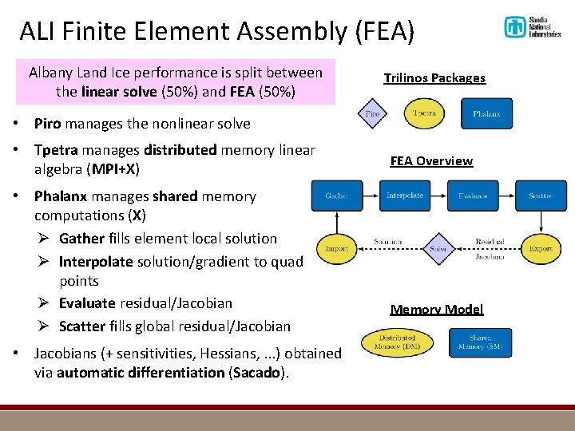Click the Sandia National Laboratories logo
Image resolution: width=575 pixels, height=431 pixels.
532,27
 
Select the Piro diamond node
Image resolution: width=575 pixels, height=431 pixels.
372,113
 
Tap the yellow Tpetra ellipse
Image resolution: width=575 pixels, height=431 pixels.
424,113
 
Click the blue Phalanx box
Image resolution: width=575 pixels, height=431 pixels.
486,113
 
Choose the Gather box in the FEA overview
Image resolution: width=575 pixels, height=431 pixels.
337,196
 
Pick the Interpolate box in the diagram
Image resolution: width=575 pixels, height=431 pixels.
404,196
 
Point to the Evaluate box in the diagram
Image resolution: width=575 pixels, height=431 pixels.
473,196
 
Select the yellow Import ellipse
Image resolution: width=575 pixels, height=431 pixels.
336,248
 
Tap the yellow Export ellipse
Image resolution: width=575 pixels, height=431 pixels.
541,248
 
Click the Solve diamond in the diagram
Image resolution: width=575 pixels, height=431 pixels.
437,248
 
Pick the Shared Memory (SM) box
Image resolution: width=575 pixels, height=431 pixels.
480,342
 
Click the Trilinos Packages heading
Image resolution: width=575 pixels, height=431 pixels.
434,78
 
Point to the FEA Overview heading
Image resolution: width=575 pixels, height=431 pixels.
431,161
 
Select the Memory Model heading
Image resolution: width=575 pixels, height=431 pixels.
437,310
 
